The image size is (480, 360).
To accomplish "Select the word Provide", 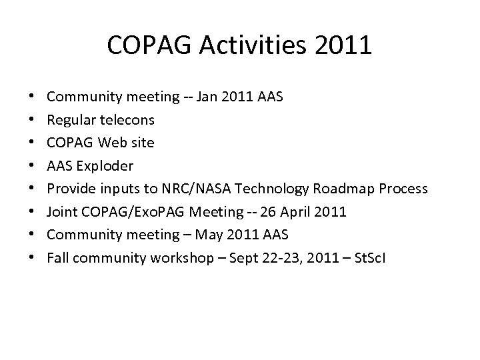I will (x=71, y=189).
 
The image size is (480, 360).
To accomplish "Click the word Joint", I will (x=61, y=211).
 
